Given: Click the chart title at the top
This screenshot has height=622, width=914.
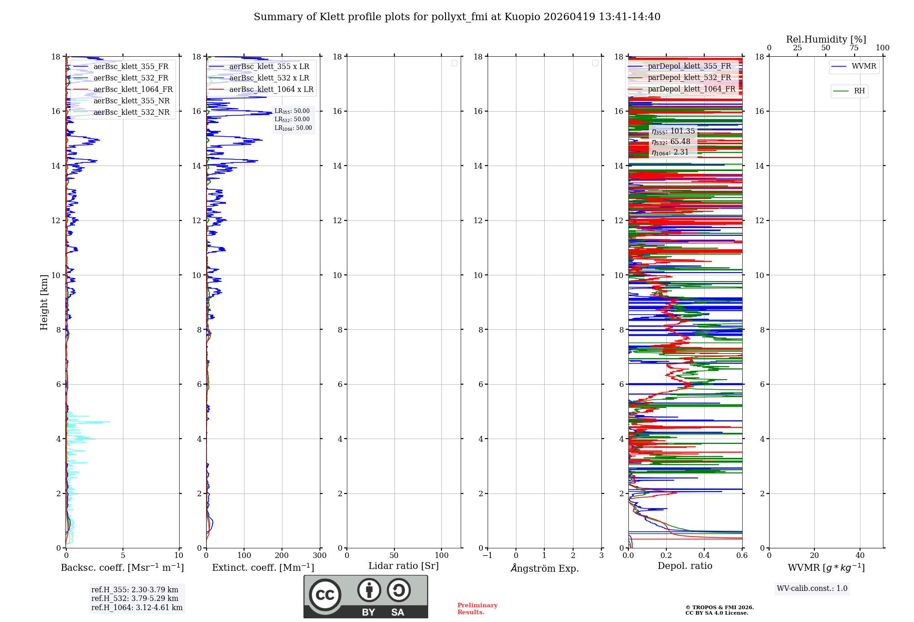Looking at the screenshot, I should [457, 17].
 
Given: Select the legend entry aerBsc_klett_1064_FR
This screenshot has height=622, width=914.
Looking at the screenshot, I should [133, 90].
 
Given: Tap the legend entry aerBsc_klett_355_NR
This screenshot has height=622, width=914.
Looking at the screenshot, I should [131, 101].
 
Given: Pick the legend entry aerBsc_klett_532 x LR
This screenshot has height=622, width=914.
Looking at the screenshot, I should [269, 78].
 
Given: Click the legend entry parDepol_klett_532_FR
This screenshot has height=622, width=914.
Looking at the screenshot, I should [689, 78].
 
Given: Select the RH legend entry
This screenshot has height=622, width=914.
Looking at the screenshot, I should [859, 91].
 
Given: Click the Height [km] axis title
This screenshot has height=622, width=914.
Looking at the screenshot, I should [44, 302].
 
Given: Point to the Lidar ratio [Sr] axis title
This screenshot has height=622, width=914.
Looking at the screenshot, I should [404, 566].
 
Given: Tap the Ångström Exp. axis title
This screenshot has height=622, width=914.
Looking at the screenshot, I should [544, 568].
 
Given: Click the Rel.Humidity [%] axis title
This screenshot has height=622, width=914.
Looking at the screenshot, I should [826, 39].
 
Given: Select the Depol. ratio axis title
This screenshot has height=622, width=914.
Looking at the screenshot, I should [685, 566].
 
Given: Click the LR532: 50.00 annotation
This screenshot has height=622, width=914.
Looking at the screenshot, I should [292, 119].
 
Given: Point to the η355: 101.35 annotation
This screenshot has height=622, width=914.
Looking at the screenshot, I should [673, 131].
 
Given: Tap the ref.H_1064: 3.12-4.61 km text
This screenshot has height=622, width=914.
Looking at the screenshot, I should [137, 608].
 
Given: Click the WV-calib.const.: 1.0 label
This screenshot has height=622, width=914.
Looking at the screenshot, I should [812, 589].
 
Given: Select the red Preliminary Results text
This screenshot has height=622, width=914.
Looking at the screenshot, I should [477, 609].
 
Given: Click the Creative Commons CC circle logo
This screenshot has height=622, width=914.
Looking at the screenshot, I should [325, 595].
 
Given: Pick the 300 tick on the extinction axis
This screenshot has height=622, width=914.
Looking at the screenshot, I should [320, 556].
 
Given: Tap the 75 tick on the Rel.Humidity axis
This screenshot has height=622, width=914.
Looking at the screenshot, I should [854, 48].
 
